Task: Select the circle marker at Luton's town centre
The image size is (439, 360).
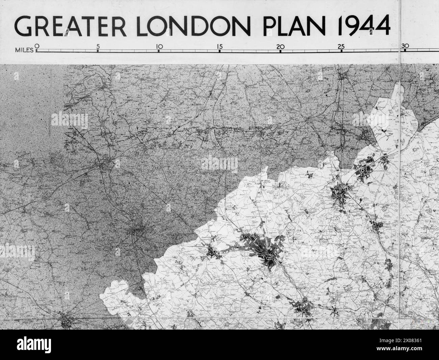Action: click(x=269, y=259)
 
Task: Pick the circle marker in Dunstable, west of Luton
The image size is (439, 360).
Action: click(x=213, y=251)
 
